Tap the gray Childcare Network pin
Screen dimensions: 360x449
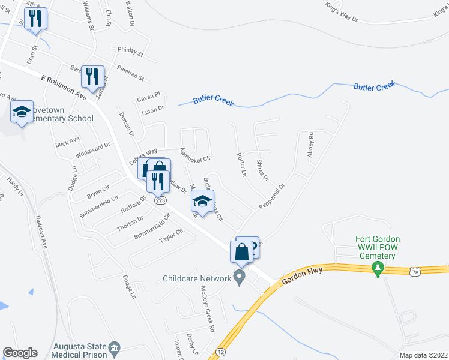click(x=240, y=278)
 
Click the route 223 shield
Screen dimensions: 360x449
click(x=160, y=201)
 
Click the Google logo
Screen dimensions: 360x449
click(x=20, y=353)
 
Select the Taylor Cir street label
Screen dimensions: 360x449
click(x=170, y=236)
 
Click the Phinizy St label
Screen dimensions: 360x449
click(x=131, y=52)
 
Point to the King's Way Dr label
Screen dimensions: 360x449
click(x=342, y=14)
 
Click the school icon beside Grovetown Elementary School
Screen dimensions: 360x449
click(x=22, y=112)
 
